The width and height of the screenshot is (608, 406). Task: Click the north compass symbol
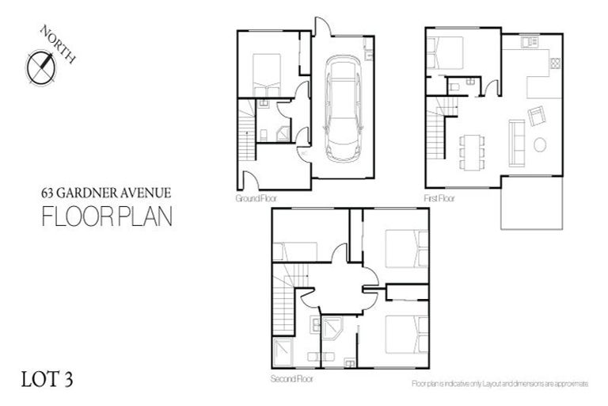point(41,67)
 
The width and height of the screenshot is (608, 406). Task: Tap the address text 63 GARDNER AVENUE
point(105,192)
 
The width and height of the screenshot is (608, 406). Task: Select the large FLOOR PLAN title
point(105,216)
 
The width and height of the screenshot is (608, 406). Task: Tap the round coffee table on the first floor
point(540,145)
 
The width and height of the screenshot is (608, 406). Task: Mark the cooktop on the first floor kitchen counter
point(555,63)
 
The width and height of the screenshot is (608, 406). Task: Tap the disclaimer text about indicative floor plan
point(500,383)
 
